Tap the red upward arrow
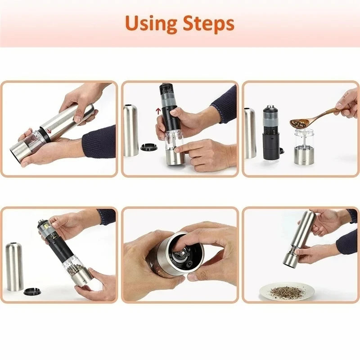[157, 111]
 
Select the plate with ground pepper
[286, 292]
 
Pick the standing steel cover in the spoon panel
[250, 133]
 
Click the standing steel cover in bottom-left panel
[14, 266]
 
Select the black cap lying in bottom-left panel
[32, 291]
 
